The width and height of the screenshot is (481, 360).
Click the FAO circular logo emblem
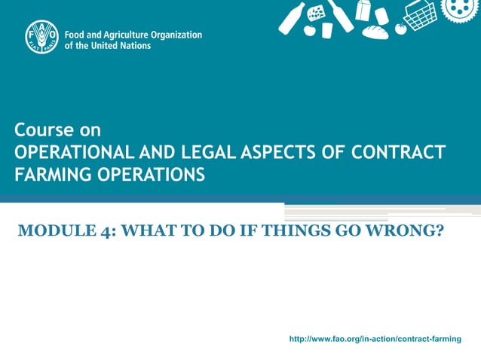tap(41, 38)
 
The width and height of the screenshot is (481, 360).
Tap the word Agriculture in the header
tap(126, 35)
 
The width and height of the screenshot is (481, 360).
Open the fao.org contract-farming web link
tap(375, 339)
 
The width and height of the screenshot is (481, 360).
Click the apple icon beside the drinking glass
tap(309, 30)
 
